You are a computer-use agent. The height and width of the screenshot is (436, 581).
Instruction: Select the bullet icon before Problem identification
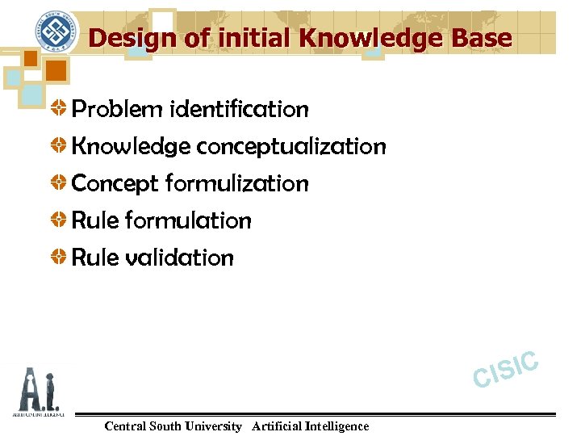60,109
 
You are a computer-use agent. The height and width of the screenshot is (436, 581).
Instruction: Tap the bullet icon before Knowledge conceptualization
60,146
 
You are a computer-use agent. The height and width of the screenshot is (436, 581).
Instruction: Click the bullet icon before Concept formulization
60,183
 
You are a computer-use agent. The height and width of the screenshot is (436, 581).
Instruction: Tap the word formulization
236,183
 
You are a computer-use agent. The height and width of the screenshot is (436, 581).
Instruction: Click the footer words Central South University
173,426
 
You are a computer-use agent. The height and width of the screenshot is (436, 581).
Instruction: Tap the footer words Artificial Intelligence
310,426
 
